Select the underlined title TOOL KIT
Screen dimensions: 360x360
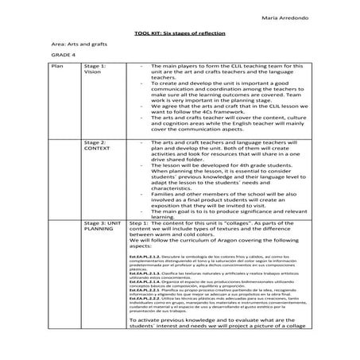coord(148,35)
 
